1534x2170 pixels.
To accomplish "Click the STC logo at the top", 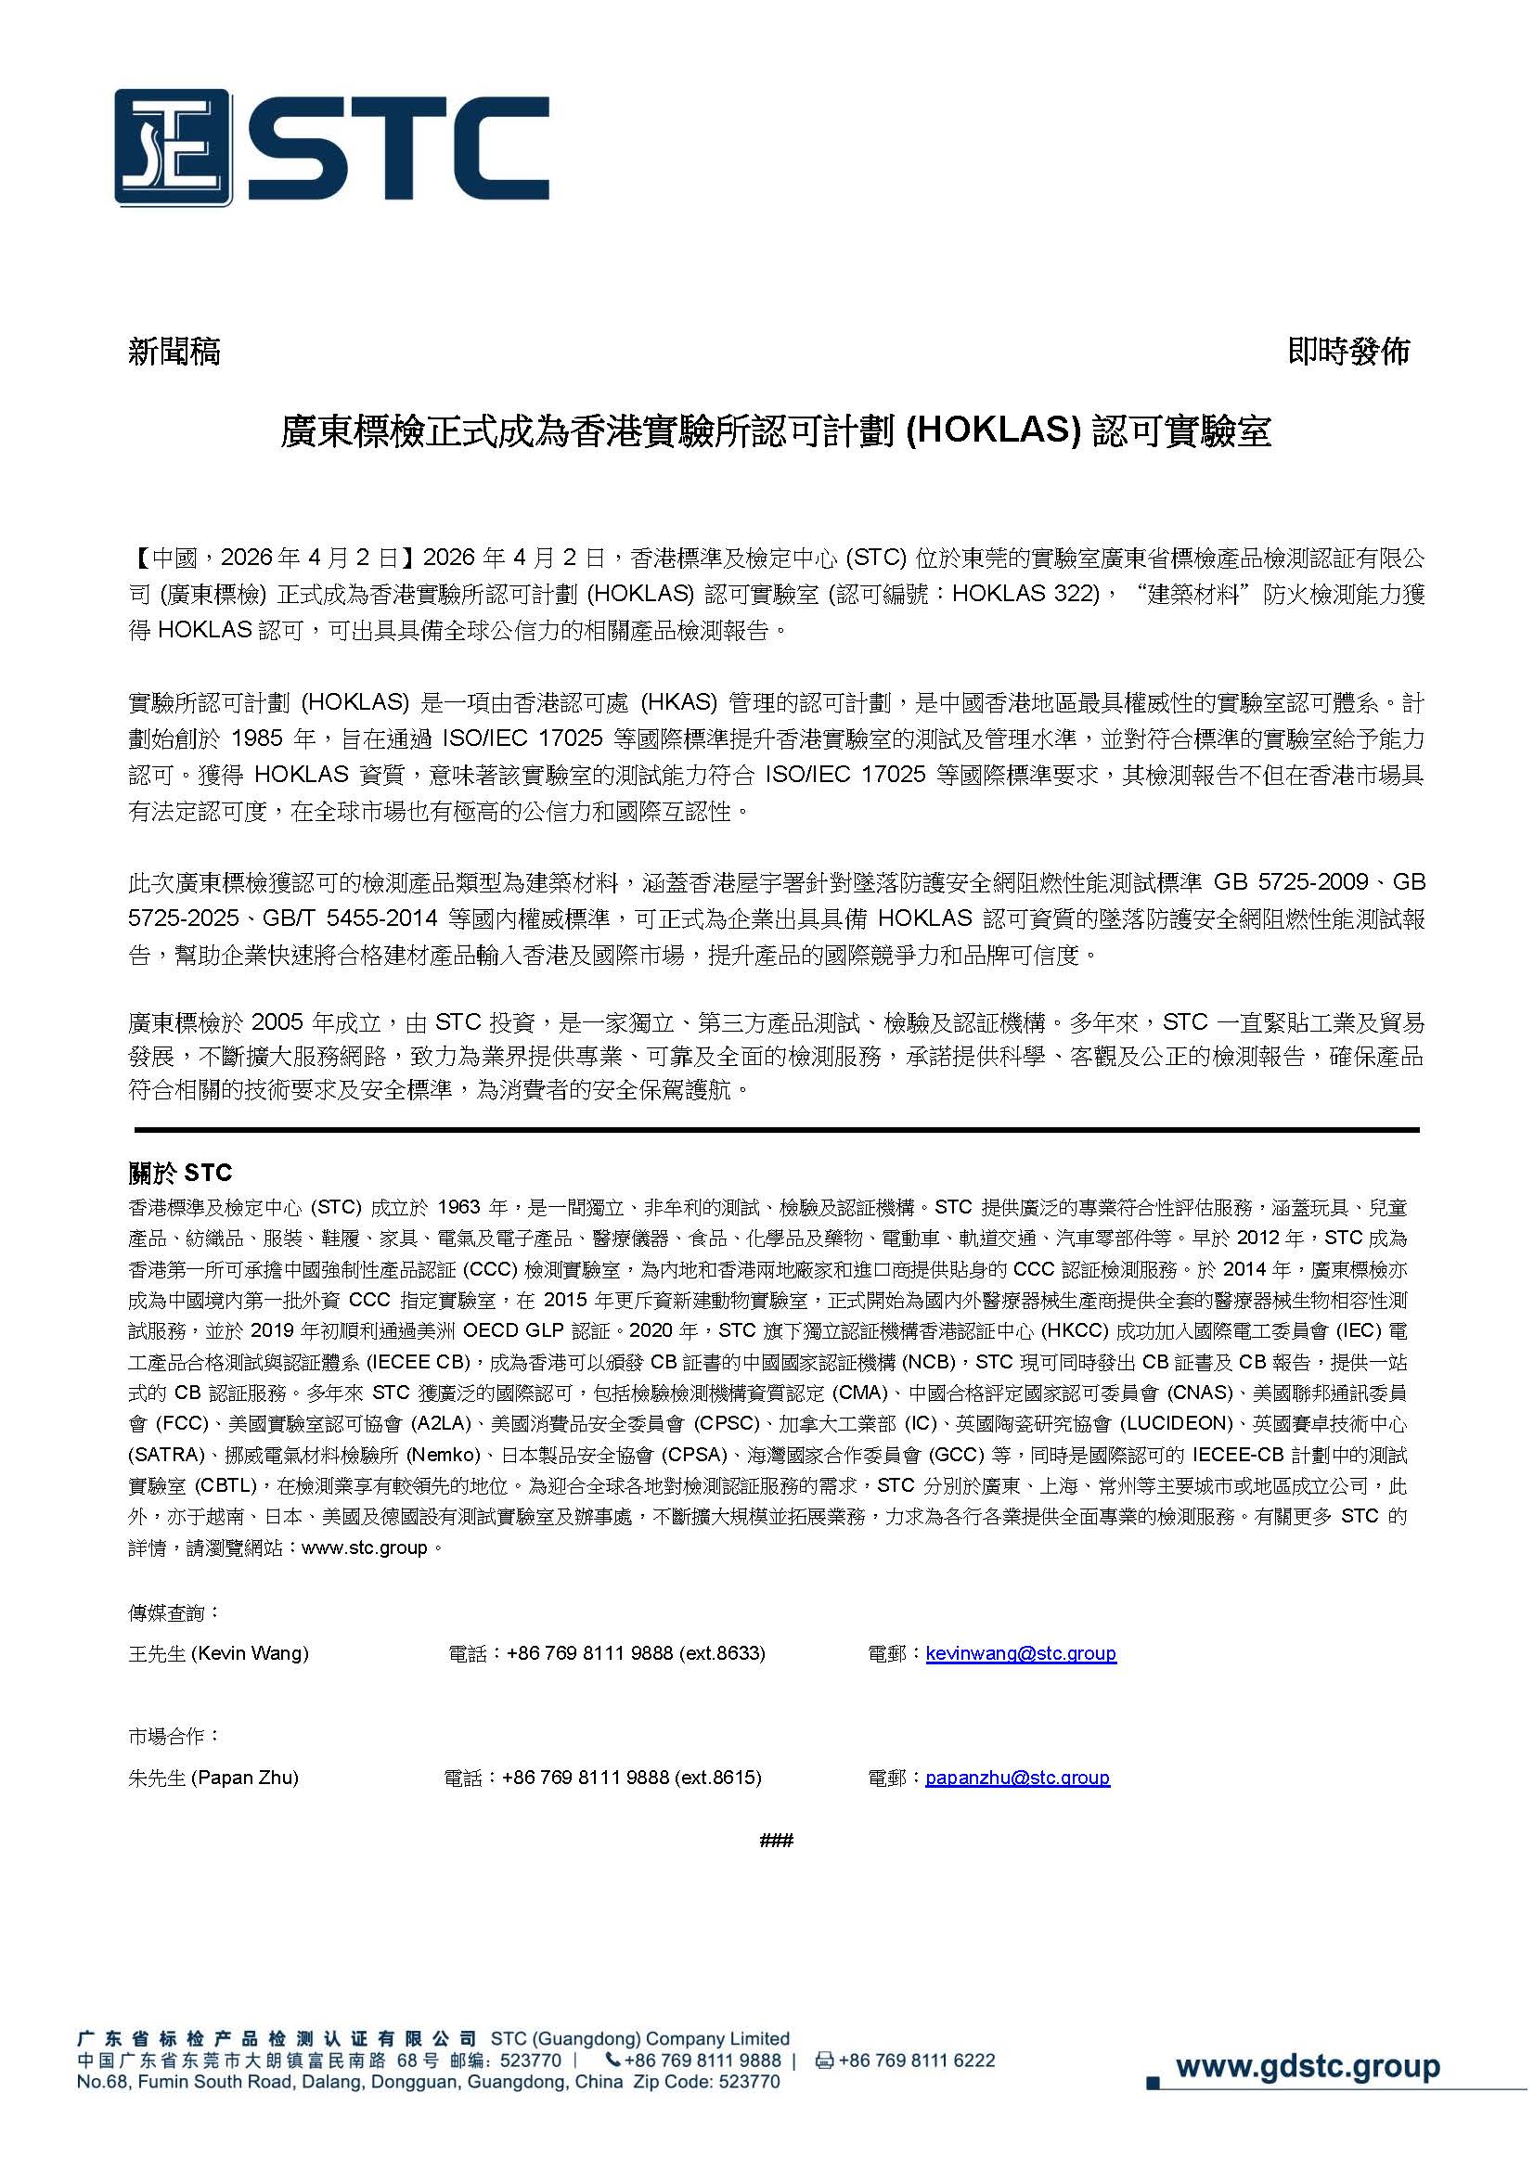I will coord(330,148).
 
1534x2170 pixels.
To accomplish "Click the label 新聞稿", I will coord(174,352).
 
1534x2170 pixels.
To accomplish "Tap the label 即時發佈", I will coord(1347,352).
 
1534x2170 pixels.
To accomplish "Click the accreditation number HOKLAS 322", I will coord(1024,595).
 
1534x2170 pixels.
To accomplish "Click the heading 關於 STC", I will coord(180,1172).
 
